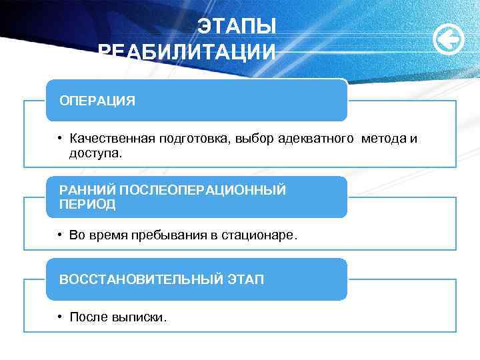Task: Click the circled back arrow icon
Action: coord(449,41)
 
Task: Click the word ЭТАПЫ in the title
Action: coord(237,27)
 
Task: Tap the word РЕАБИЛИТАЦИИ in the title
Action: coord(186,52)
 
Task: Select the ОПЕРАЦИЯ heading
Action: coord(97,101)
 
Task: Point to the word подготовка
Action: coord(193,139)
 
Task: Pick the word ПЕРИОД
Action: coord(87,204)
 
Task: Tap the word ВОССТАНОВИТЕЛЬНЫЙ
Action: coord(141,279)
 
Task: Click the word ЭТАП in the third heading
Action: coord(245,279)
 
